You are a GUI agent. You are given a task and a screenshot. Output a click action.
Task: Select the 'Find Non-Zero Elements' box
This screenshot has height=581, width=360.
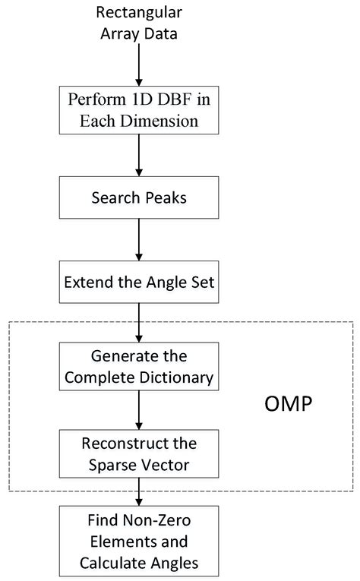[x=138, y=543]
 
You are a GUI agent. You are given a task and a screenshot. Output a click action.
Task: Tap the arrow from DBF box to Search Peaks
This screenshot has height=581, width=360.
[x=138, y=156]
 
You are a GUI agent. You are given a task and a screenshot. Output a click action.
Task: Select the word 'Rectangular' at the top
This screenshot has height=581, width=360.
[x=138, y=13]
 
